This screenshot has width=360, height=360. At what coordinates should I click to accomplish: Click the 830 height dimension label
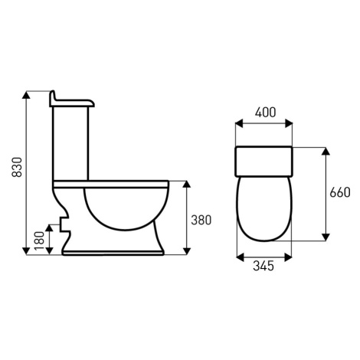(18, 167)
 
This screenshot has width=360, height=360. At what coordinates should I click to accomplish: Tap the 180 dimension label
(40, 241)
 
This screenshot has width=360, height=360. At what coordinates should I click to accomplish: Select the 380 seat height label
(201, 220)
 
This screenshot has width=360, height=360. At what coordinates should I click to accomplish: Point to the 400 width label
(266, 113)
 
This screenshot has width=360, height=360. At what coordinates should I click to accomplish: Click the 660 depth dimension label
(340, 192)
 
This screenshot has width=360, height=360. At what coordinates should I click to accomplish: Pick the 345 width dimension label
(263, 266)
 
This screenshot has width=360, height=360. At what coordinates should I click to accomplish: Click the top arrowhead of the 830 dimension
(26, 95)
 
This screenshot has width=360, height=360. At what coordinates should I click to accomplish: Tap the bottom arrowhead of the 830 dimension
(26, 251)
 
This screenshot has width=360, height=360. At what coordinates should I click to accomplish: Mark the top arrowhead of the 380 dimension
(187, 185)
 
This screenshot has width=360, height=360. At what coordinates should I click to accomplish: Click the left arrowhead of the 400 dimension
(239, 123)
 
